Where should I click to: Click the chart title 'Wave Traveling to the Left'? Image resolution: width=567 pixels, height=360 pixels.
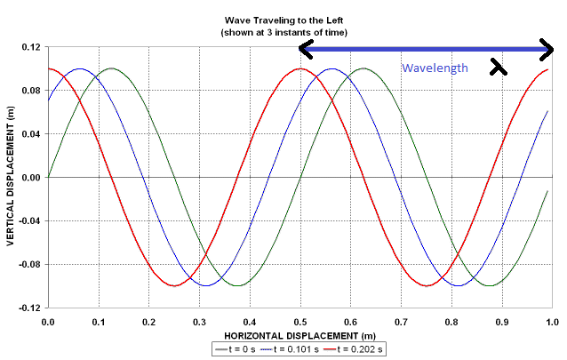283,20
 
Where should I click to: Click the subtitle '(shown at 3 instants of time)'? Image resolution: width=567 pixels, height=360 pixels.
283,32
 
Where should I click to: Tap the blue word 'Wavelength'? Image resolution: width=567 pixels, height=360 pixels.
435,68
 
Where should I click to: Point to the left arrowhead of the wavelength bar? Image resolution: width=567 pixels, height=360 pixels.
306,49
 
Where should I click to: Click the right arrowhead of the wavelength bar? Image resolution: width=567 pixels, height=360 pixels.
548,49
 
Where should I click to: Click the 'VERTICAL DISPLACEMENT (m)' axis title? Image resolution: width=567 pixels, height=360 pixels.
10,178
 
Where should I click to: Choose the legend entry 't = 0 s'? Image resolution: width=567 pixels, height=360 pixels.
241,349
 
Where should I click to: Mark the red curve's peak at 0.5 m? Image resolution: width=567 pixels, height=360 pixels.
300,68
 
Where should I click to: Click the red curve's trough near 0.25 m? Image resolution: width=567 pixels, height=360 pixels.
174,285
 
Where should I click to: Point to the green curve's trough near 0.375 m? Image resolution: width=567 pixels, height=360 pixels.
237,285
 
